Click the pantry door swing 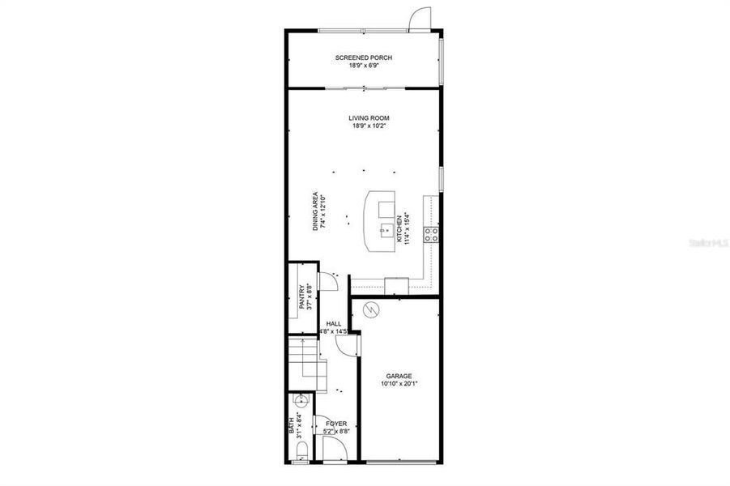pyautogui.click(x=327, y=280)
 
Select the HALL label pyautogui.click(x=333, y=323)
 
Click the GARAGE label pyautogui.click(x=399, y=376)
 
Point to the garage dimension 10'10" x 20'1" pyautogui.click(x=399, y=384)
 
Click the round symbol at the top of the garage pyautogui.click(x=372, y=309)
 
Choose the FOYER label pyautogui.click(x=335, y=424)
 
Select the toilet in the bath pyautogui.click(x=301, y=457)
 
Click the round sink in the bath pyautogui.click(x=301, y=399)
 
